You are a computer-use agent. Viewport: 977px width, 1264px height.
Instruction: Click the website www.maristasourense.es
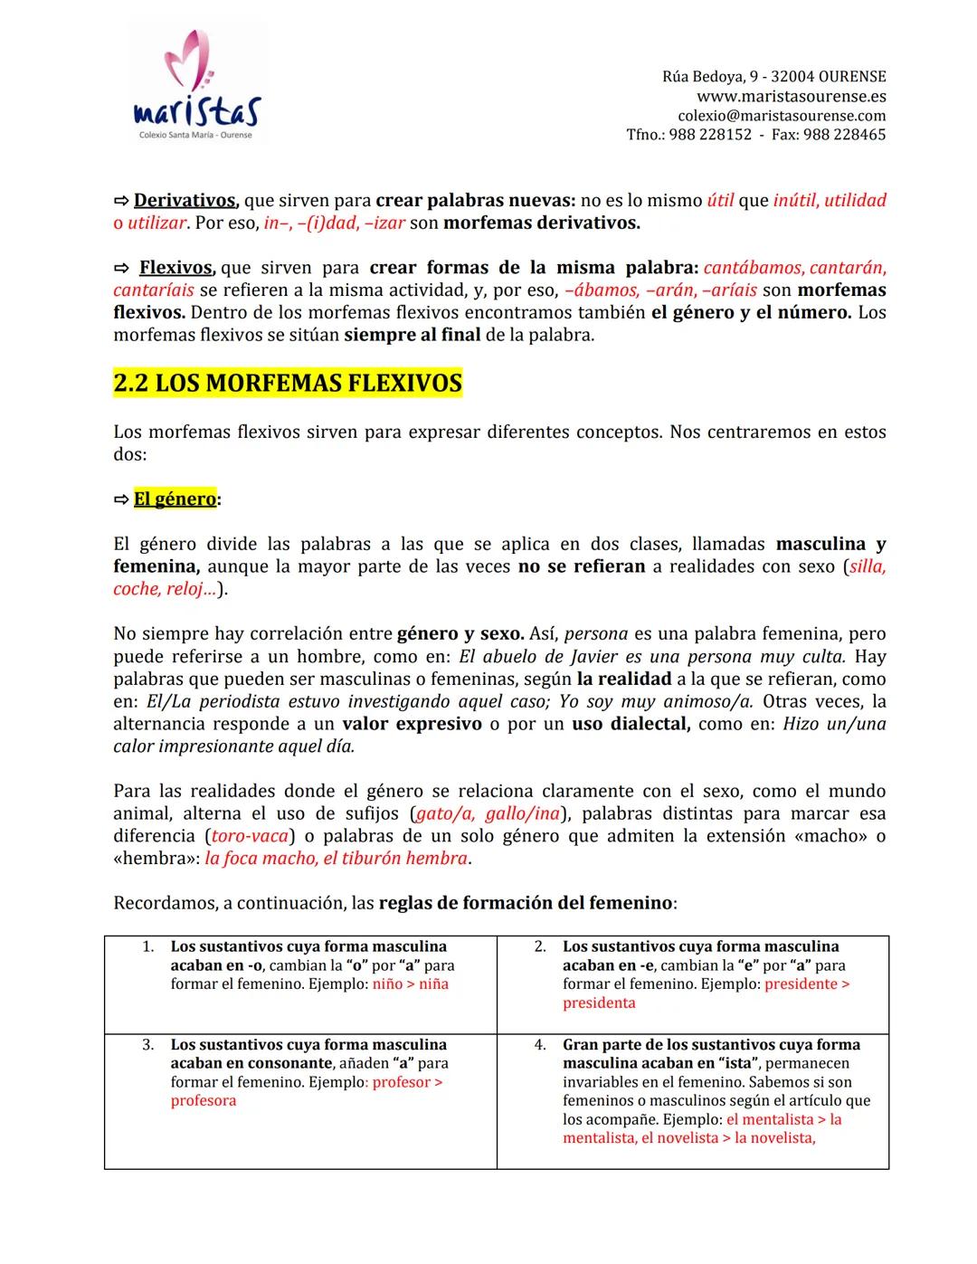[x=791, y=96]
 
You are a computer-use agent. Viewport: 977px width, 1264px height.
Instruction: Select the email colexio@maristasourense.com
[x=782, y=116]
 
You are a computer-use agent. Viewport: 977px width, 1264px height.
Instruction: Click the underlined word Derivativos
[x=185, y=201]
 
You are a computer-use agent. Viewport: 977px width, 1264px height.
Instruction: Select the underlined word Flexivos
[x=175, y=268]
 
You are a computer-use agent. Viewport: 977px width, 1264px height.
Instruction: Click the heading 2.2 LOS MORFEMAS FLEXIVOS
[x=288, y=384]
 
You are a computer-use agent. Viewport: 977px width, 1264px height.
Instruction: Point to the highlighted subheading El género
[x=175, y=499]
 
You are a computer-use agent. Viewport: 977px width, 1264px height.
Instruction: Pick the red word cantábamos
[x=753, y=268]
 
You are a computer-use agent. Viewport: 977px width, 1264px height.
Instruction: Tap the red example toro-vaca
[x=250, y=836]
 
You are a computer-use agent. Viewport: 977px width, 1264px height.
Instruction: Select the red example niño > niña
[x=411, y=984]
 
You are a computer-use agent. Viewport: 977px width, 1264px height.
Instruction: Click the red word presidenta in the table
[x=599, y=1003]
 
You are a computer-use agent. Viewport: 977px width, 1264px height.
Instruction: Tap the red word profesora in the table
[x=204, y=1101]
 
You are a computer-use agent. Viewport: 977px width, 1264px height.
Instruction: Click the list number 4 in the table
[x=539, y=1045]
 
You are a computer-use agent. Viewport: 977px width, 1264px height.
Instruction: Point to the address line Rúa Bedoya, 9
[x=711, y=77]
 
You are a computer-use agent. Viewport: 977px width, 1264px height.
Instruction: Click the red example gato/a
[x=444, y=813]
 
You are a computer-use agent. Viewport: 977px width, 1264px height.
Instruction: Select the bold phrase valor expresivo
[x=412, y=724]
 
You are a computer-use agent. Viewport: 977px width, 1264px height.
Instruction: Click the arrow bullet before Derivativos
[x=121, y=201]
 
